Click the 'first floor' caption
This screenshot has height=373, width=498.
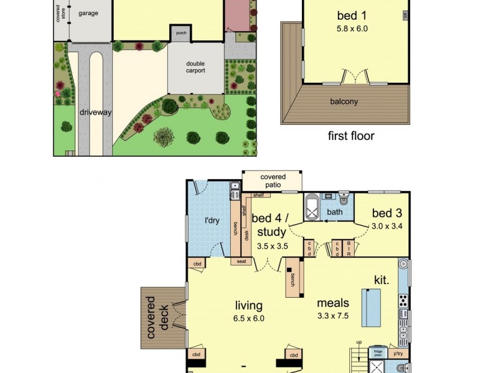351,136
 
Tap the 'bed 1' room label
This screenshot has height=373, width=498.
351,16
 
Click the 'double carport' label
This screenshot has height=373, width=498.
195,67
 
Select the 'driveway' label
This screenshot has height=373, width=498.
95,113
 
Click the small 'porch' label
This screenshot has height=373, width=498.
181,34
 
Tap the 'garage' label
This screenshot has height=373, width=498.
88,12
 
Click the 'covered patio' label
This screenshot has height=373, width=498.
273,181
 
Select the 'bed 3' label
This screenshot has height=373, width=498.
387,214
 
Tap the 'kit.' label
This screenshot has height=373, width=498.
382,280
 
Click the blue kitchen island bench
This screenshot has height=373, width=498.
371,307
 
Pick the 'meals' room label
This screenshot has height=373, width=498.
333,303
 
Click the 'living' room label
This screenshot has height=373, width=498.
248,305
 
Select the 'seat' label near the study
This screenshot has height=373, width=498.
240,261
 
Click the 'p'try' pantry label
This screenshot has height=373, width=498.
398,354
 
